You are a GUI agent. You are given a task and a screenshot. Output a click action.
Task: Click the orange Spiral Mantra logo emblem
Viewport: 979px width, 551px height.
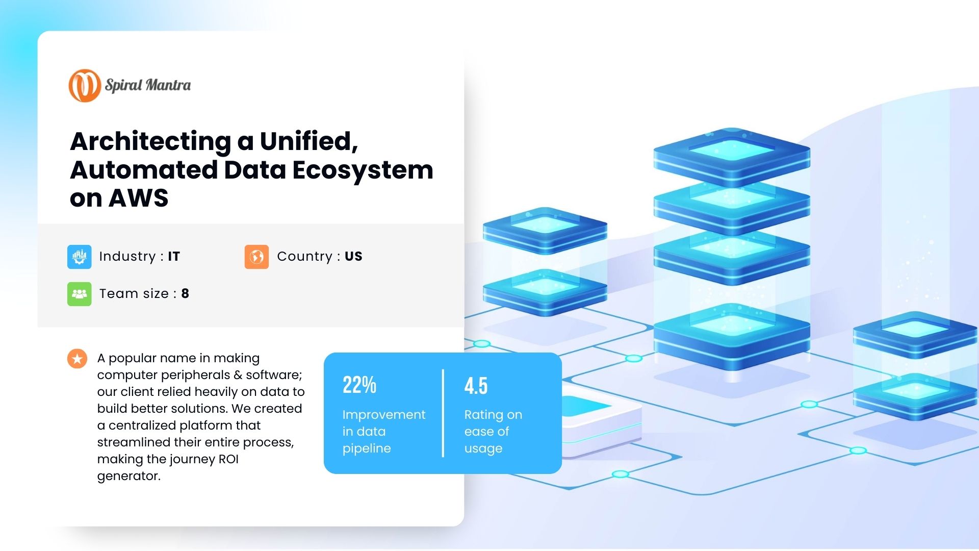click(x=85, y=85)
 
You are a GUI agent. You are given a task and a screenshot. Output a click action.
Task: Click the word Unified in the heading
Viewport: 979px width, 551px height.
click(x=308, y=141)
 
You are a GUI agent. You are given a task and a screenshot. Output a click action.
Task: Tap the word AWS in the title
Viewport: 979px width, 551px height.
click(x=138, y=198)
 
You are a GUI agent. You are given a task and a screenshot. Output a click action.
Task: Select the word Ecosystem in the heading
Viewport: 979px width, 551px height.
click(x=363, y=170)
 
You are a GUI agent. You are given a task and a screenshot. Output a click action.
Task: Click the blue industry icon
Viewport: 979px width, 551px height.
click(x=80, y=257)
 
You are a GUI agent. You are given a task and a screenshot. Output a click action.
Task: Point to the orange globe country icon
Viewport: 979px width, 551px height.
click(x=256, y=257)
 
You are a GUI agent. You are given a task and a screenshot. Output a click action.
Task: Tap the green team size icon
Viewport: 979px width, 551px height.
click(x=80, y=294)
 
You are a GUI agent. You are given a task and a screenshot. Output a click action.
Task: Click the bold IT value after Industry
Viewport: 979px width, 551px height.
click(x=174, y=256)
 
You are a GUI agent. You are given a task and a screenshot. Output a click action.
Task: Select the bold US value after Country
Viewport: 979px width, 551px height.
click(x=353, y=256)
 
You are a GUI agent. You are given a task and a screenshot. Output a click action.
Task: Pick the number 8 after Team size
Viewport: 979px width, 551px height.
click(x=185, y=293)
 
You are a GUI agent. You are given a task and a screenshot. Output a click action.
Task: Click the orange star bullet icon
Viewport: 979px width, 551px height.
click(x=77, y=359)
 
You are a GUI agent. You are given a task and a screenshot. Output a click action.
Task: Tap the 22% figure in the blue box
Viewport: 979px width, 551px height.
click(x=359, y=385)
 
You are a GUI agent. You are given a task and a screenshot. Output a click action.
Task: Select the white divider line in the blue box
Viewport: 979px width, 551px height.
click(x=443, y=413)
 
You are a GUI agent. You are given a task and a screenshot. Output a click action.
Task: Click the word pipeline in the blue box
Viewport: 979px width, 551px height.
click(x=367, y=448)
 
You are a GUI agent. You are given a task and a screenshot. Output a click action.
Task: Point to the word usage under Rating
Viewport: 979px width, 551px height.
click(x=483, y=449)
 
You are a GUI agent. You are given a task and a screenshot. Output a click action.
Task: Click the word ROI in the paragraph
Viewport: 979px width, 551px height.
click(x=228, y=459)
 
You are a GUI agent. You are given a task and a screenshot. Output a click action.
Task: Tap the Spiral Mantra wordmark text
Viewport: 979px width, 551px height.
click(x=148, y=85)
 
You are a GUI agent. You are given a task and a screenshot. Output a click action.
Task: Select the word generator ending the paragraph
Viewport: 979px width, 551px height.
click(x=128, y=477)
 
